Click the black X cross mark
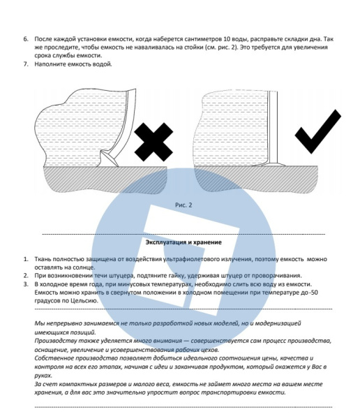[x=153, y=142]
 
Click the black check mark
[x=318, y=131]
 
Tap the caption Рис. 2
[x=183, y=205]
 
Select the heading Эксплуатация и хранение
[x=183, y=242]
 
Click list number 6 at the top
[x=26, y=39]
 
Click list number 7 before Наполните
[x=26, y=64]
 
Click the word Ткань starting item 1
[x=43, y=259]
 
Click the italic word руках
[x=43, y=376]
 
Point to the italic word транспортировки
[x=228, y=392]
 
